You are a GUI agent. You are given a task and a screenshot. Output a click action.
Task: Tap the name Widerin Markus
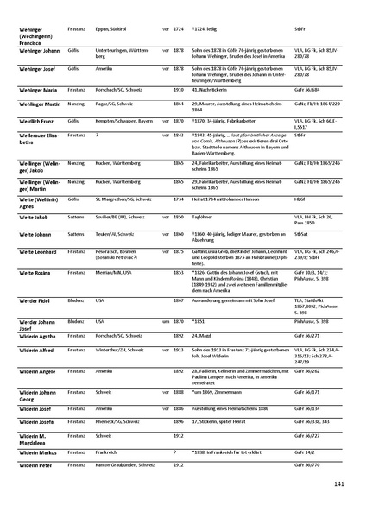(33, 452)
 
